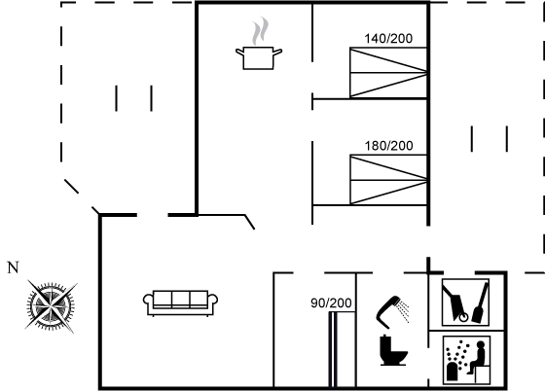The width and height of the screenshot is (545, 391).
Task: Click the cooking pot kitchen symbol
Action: click(x=259, y=58)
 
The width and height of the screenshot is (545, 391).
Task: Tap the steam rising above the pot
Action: click(x=261, y=30)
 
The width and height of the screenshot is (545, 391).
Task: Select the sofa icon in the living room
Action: click(x=180, y=303)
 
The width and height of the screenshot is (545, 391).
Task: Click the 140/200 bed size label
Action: click(x=388, y=38)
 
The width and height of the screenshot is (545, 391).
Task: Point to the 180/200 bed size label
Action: click(x=388, y=146)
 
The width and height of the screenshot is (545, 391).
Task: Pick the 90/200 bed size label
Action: click(x=331, y=302)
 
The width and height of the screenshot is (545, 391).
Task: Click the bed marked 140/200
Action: click(x=388, y=73)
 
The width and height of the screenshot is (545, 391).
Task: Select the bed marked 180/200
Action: click(x=388, y=180)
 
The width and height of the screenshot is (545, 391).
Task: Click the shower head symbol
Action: click(x=392, y=312)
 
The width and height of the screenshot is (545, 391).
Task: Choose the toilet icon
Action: click(x=393, y=350)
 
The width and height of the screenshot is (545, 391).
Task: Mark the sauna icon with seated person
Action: click(x=466, y=360)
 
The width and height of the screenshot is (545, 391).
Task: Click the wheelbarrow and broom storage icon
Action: click(x=466, y=302)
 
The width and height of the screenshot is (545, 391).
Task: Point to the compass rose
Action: click(x=51, y=306)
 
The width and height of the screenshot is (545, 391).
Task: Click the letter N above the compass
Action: click(x=13, y=267)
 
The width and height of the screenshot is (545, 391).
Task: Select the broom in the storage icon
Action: click(x=481, y=302)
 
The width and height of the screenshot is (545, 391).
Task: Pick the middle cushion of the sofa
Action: click(x=180, y=299)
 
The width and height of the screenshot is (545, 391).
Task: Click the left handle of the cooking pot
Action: click(x=239, y=53)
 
